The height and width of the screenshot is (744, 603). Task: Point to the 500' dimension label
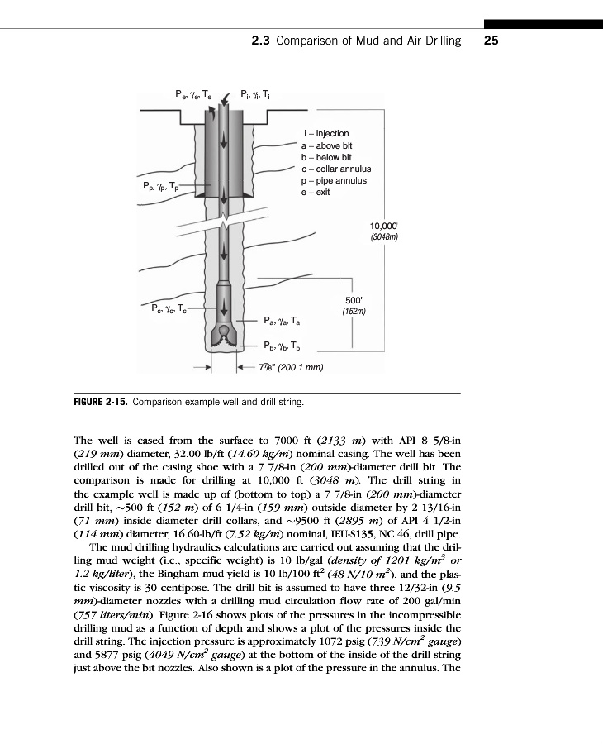click(353, 301)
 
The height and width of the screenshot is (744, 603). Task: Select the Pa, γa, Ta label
click(282, 321)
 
